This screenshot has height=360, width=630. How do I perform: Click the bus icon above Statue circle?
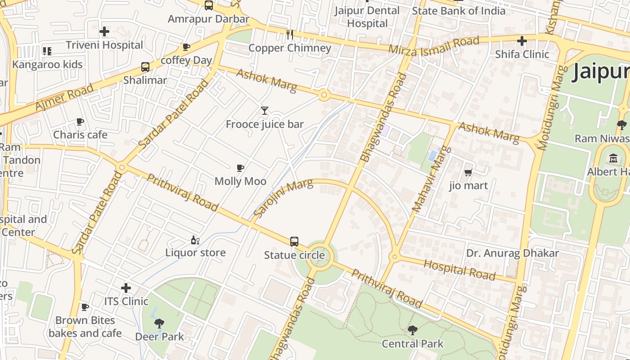pos(294,242)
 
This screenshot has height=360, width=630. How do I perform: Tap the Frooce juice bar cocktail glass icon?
pos(265,110)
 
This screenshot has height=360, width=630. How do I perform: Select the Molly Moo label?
pos(240,181)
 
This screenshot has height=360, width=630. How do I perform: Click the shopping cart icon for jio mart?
pos(468,172)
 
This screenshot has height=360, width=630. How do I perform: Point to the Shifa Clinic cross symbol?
pos(522,41)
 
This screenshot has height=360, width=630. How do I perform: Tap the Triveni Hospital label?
pos(104,45)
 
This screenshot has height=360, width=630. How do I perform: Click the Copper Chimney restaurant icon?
pos(290,34)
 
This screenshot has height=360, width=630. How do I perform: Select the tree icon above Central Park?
pos(412,330)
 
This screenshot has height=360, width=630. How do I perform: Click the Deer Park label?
pos(159,337)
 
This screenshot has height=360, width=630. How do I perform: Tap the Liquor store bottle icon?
pos(195,240)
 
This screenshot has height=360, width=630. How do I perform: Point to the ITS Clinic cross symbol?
pos(126,288)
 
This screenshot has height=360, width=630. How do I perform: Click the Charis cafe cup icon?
pos(80,121)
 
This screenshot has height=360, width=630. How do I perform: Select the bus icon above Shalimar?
pos(145,67)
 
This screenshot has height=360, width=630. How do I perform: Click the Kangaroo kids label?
pos(47,64)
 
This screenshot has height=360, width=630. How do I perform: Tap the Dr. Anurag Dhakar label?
pos(512,253)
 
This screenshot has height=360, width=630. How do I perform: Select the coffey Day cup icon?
pos(186,47)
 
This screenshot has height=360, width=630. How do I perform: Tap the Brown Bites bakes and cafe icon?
pos(85,307)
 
